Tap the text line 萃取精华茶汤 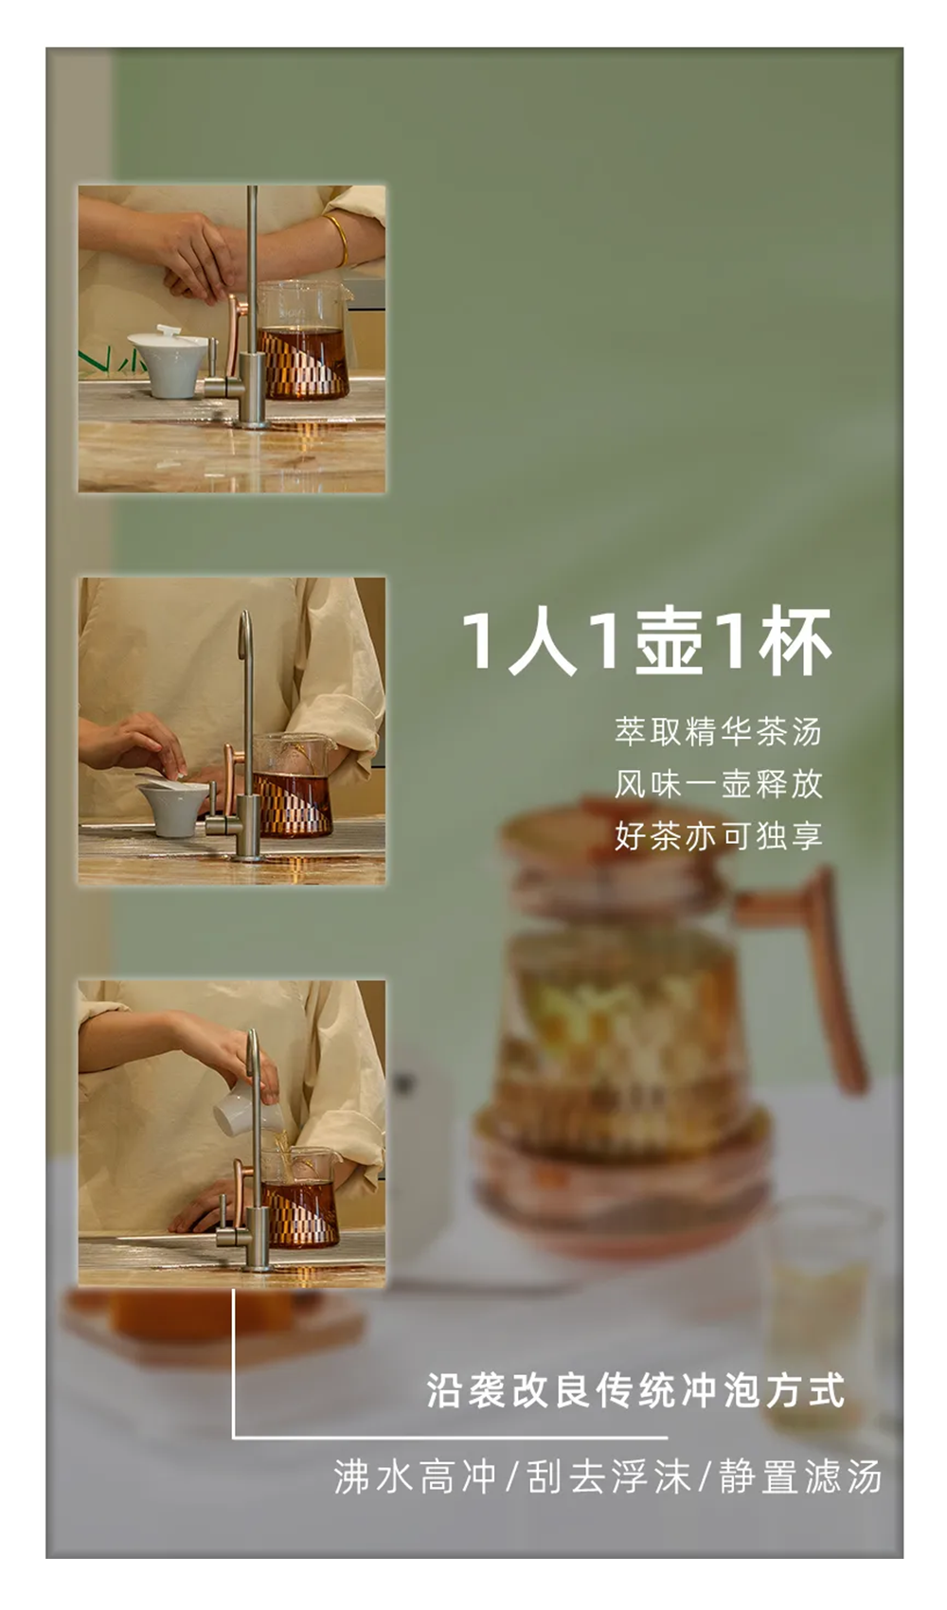(x=718, y=731)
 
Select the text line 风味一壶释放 (x=718, y=783)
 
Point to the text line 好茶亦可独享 (x=718, y=836)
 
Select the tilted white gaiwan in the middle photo (x=170, y=805)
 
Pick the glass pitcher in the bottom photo (x=299, y=1193)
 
